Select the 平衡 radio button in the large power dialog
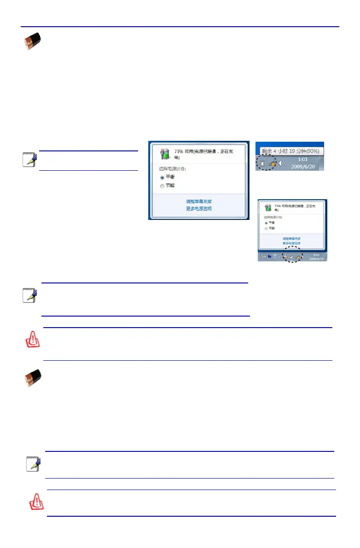pyautogui.click(x=162, y=177)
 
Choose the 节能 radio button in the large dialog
pyautogui.click(x=162, y=186)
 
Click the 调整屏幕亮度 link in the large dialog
pyautogui.click(x=199, y=202)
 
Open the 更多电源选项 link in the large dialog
pyautogui.click(x=199, y=208)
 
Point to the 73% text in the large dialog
pyautogui.click(x=180, y=151)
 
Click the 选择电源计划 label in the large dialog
pyautogui.click(x=173, y=168)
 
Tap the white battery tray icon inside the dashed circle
pyautogui.click(x=262, y=163)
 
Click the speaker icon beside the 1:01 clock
pyautogui.click(x=281, y=163)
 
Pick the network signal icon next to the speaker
pyautogui.click(x=272, y=163)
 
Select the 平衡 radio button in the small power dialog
pyautogui.click(x=266, y=222)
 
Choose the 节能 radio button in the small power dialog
pyautogui.click(x=266, y=228)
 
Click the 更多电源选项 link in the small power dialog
pyautogui.click(x=291, y=243)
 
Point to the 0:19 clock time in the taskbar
pyautogui.click(x=316, y=254)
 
